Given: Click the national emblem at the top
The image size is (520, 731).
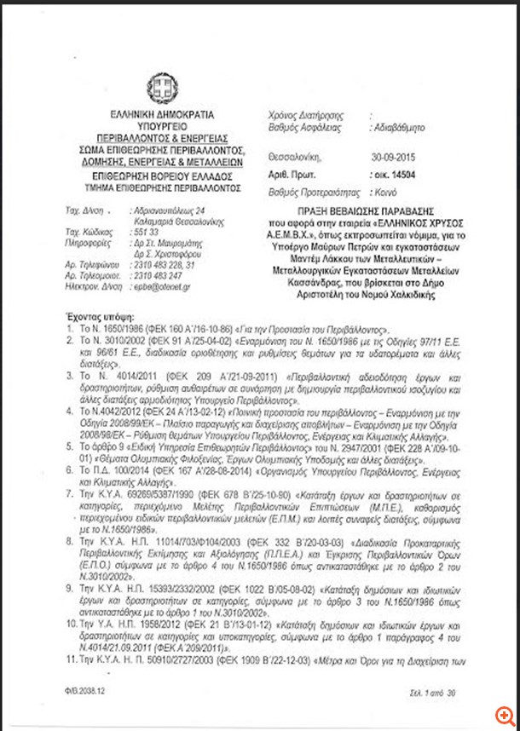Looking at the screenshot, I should (x=163, y=86).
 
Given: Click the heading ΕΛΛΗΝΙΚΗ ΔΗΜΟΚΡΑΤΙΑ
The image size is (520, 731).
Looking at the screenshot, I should (x=162, y=114).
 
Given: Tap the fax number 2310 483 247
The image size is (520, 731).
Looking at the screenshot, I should (x=157, y=276).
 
